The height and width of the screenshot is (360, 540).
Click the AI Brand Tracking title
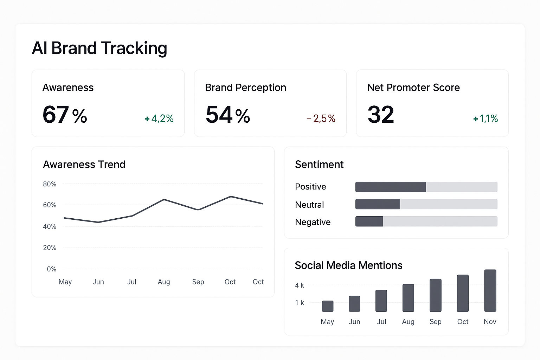(x=99, y=48)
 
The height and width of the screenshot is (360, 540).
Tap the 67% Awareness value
(x=65, y=115)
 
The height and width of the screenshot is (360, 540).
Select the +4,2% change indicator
(x=159, y=119)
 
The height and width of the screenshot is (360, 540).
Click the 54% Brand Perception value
(x=228, y=115)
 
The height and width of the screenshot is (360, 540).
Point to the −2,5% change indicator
(x=321, y=119)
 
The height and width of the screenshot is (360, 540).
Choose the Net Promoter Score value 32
(x=381, y=115)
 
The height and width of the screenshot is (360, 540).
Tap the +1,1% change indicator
(x=486, y=119)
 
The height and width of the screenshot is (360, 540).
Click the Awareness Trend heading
(x=84, y=165)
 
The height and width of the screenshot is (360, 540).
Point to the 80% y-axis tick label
(x=50, y=184)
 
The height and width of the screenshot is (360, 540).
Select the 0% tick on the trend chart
(x=51, y=269)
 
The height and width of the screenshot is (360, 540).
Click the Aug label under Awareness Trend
(x=164, y=282)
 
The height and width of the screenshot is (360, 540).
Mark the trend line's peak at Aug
(x=164, y=200)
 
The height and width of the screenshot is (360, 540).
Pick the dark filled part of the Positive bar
(x=391, y=187)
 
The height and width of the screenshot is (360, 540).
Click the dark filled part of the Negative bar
(x=369, y=221)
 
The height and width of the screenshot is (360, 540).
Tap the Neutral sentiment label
(x=309, y=205)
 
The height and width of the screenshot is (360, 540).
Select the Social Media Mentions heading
(x=348, y=265)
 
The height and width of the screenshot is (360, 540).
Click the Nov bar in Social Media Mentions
(x=490, y=291)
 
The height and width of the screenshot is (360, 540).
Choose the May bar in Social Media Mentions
(x=328, y=306)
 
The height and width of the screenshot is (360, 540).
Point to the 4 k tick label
(x=300, y=285)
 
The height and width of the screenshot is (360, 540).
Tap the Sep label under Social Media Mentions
(x=435, y=322)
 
